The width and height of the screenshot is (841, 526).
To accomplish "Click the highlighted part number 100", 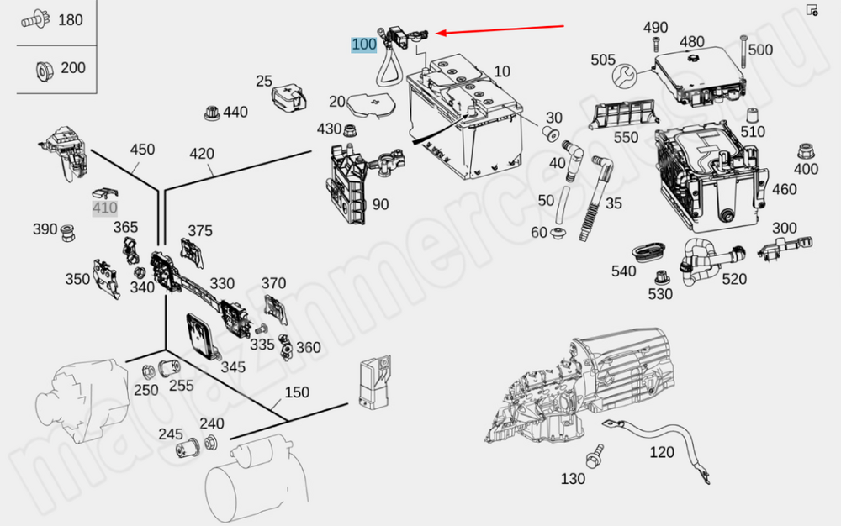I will click(364, 44).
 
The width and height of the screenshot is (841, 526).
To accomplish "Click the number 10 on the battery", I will click(502, 71).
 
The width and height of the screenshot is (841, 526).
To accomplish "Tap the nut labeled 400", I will click(805, 152).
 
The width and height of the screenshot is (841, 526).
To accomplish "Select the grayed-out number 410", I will click(105, 208).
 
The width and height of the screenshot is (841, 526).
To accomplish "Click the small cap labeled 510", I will click(752, 115).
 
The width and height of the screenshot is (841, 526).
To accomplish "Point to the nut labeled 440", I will click(211, 112).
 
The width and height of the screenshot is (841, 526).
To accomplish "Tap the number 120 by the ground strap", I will click(662, 453).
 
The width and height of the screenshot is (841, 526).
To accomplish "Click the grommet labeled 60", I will click(558, 232).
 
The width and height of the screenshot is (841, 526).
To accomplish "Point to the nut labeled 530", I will click(662, 276).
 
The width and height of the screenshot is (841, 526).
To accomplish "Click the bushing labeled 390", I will click(67, 230).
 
